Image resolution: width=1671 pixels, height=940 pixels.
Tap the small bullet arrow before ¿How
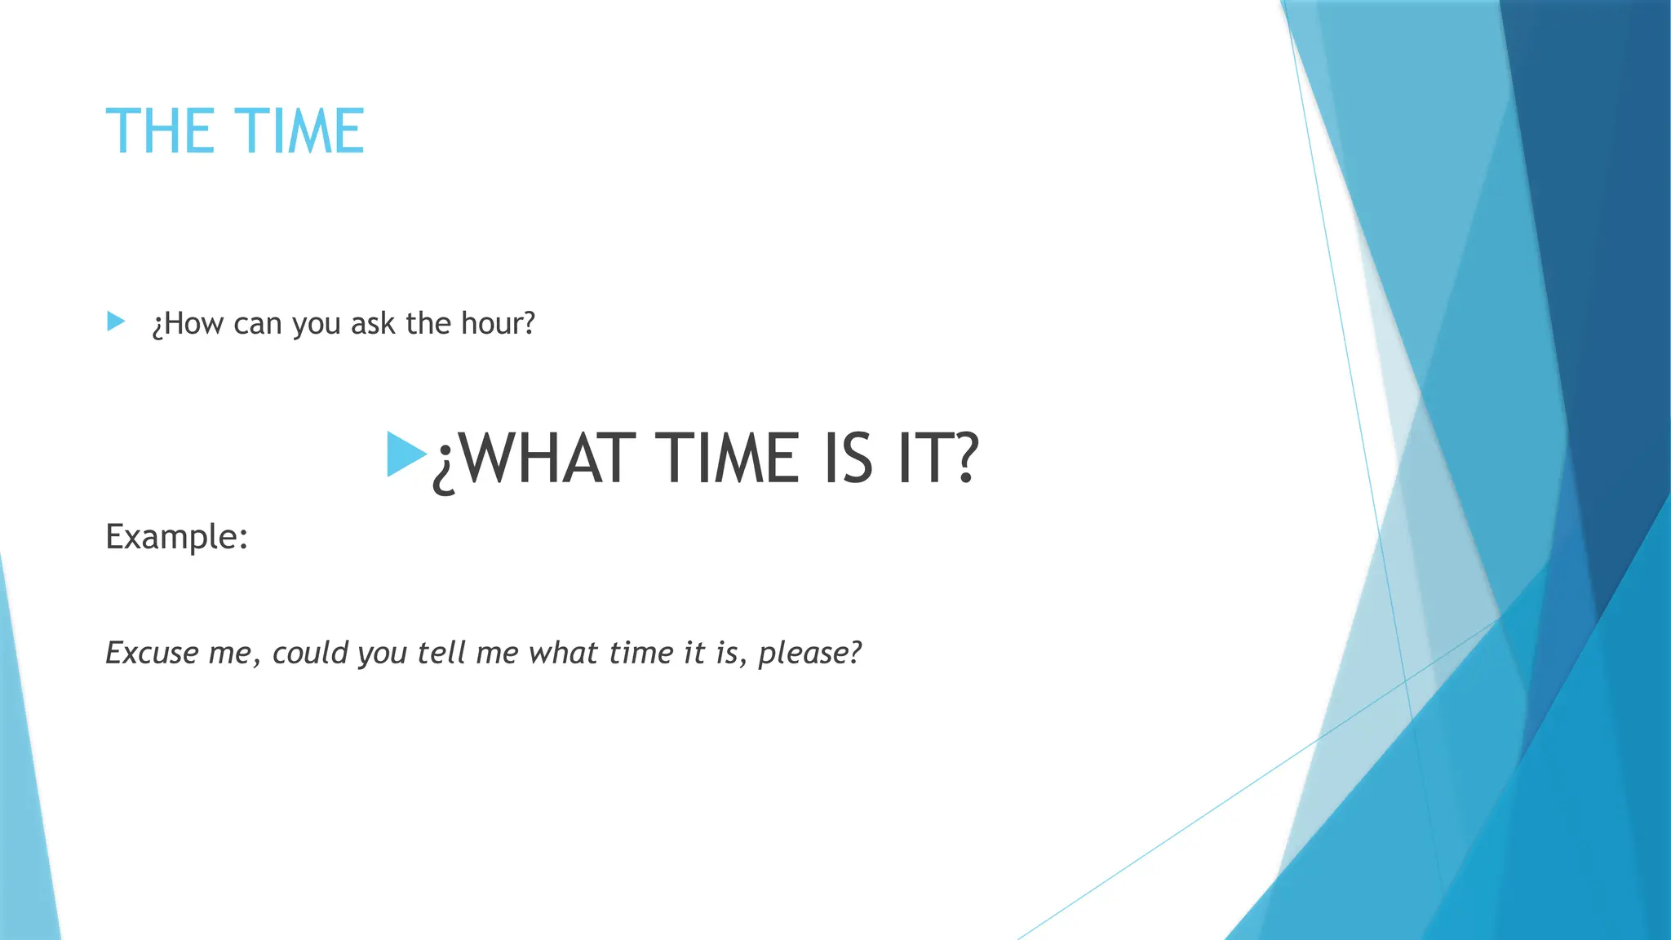tap(116, 321)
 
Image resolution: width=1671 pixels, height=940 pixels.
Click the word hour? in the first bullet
tap(498, 324)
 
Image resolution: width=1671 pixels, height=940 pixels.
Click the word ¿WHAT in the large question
tap(534, 459)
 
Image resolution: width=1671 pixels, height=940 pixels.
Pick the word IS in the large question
tap(848, 459)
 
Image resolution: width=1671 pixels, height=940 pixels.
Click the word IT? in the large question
tap(937, 459)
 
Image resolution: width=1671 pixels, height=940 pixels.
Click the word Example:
tap(176, 537)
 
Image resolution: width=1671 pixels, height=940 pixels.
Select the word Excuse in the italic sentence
tap(152, 653)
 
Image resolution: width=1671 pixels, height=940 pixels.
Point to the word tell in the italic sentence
tap(441, 653)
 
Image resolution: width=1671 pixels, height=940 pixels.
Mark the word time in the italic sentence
tap(641, 653)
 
